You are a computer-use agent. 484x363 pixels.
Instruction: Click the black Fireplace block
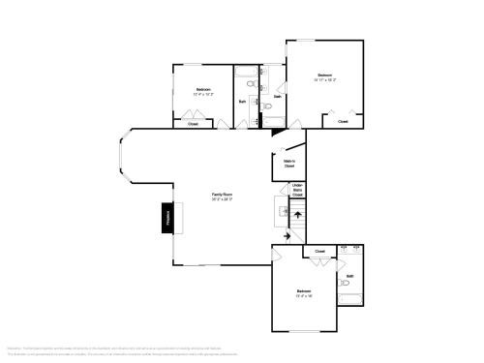coord(166,218)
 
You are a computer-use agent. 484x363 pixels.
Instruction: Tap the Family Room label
coord(223,194)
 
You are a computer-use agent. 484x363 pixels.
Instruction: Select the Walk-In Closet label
coord(288,164)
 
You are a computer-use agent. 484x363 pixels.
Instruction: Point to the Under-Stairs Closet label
coord(297,190)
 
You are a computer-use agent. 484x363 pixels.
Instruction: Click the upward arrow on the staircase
coord(297,214)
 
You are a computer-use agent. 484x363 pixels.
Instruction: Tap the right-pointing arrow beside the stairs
coord(287,235)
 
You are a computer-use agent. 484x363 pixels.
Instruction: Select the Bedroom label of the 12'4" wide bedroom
coord(203,89)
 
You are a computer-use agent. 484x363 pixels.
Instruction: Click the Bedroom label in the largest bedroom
coord(325,75)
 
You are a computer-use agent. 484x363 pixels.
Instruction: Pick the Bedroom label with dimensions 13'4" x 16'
coord(304,290)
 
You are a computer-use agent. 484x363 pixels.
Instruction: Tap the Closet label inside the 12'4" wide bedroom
coord(193,124)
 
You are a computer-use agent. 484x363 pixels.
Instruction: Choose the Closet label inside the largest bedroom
coord(343,122)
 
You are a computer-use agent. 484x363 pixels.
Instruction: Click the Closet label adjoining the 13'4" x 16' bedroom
coord(319,251)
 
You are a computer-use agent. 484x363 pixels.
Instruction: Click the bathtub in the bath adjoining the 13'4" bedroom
coord(349,298)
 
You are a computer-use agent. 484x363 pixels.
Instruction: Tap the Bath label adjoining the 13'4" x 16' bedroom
coord(349,276)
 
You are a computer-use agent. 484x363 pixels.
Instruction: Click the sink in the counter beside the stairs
coord(285,210)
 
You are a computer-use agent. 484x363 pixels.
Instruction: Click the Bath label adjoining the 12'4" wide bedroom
coord(242,101)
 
